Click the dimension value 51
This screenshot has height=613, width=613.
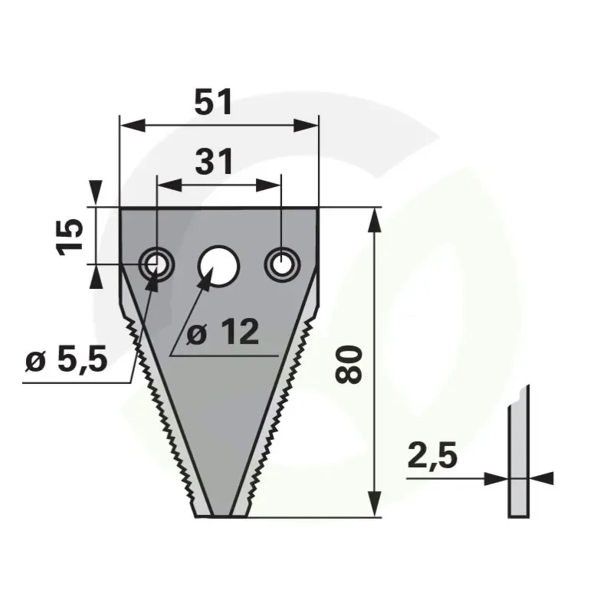[213, 102]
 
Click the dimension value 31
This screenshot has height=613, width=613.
[214, 162]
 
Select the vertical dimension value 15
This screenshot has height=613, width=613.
[70, 237]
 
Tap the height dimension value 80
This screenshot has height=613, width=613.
[349, 364]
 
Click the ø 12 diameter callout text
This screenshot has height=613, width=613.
[222, 332]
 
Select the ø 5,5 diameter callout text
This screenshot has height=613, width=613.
[66, 359]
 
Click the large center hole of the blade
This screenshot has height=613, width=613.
[218, 266]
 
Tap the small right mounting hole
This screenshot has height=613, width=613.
[282, 264]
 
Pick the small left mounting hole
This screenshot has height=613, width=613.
[156, 264]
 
